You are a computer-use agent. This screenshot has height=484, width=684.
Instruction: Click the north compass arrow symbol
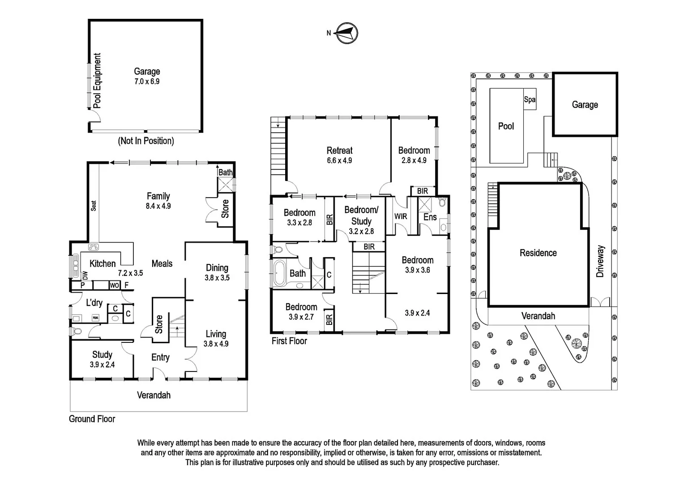pos(347,33)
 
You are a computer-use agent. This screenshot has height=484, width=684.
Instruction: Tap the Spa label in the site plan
pos(530,99)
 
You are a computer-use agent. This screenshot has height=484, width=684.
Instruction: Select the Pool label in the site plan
pos(506,126)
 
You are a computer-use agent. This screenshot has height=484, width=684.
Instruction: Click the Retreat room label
pos(339,151)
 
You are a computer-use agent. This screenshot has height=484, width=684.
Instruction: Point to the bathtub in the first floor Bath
pos(278,273)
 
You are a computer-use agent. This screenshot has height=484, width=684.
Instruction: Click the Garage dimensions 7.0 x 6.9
pos(147,82)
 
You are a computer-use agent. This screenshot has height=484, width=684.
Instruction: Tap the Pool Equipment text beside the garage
pos(97,81)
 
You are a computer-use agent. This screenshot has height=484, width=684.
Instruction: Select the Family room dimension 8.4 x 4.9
pos(158,206)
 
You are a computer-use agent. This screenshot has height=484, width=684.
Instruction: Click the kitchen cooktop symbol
pos(94,246)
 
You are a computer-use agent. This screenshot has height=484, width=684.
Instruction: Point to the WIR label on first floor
pos(401,216)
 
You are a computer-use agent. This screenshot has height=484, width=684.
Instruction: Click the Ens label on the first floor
pos(430,217)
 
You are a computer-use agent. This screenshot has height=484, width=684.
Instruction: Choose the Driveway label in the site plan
pos(600,261)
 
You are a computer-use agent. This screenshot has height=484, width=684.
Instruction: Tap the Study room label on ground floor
pos(102,354)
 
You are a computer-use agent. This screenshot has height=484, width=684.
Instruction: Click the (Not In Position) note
pos(146,141)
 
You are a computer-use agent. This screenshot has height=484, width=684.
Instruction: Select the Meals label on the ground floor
pos(162,264)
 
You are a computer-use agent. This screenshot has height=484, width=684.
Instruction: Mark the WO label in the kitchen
pos(114,285)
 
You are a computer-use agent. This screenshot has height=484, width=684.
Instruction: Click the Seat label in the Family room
pos(94,205)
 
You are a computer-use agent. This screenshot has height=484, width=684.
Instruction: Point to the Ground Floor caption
pos(92,419)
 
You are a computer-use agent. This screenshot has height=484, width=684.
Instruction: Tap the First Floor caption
pos(289,341)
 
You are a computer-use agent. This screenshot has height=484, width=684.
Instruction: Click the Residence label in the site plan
pos(538,253)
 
